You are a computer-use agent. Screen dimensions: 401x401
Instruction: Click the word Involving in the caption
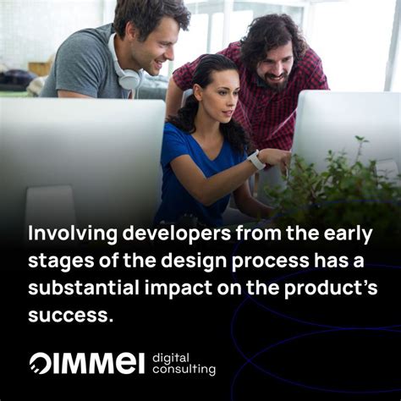click(65, 233)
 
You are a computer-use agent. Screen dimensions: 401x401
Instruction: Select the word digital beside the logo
click(172, 356)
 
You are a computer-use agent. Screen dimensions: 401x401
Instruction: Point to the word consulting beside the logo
click(184, 370)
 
